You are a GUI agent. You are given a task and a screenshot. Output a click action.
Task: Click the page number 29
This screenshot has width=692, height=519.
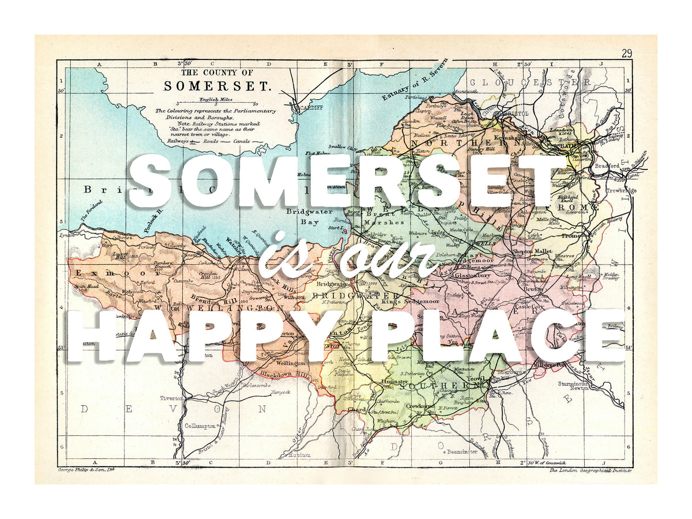coord(627,53)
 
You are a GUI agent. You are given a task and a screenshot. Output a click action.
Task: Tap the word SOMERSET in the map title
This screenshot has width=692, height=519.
coord(217,86)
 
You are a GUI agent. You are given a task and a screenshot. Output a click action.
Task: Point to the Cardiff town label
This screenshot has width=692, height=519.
coord(309,107)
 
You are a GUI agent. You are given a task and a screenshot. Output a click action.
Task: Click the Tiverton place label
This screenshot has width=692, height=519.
coord(171,398)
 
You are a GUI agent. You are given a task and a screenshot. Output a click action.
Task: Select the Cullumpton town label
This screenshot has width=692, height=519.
coord(201,426)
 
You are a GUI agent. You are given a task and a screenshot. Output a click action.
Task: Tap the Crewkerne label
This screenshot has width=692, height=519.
coord(420,407)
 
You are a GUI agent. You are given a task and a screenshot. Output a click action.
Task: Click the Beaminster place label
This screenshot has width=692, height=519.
coord(461,452)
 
